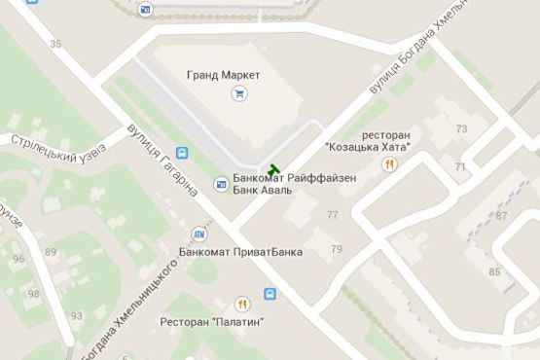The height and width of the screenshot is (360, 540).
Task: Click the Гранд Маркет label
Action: point(228,75)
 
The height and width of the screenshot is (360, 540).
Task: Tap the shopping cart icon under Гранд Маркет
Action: point(238,93)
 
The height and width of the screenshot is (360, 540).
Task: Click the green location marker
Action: point(273,171)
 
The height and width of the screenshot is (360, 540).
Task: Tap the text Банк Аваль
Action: point(262,191)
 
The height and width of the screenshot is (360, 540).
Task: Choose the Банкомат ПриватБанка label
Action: point(240,252)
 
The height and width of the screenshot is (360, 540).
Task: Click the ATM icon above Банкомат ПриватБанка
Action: point(199,234)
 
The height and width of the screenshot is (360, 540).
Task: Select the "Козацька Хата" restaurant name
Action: point(367,147)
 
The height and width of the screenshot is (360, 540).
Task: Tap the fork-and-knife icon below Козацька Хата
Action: point(390,164)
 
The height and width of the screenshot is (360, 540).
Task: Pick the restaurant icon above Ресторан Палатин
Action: point(241,303)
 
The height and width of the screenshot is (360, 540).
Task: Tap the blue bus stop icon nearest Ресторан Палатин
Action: point(270,293)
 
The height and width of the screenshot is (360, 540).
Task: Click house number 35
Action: point(55,44)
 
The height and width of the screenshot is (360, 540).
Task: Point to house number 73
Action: point(461,128)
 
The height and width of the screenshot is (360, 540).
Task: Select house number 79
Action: point(337,250)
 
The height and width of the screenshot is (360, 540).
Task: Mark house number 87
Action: point(502,215)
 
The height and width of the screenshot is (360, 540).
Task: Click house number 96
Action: point(18,259)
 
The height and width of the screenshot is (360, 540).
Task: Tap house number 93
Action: point(77,317)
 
